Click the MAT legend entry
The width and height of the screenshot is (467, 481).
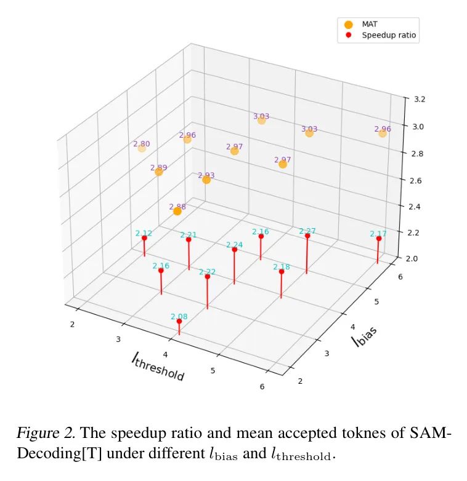point(370,24)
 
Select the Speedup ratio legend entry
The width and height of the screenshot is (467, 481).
point(388,36)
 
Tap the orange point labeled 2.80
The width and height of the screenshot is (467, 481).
point(142,148)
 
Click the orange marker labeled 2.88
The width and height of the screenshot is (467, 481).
point(177,211)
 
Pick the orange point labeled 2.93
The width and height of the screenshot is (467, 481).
point(206,180)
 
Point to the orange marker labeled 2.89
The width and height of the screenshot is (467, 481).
point(159,172)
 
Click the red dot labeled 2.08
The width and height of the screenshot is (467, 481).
point(179,321)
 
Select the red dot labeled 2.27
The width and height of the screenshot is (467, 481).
point(307,236)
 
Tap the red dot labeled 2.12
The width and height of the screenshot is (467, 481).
point(144,237)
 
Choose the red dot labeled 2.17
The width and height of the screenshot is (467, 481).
point(379,239)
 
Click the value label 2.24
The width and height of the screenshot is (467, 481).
point(235,244)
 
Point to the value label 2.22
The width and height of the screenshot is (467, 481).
point(207,271)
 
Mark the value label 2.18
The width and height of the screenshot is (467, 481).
point(282,266)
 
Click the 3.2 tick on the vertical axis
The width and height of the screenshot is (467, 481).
point(411,98)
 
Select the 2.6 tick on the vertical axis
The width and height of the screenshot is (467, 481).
point(411,180)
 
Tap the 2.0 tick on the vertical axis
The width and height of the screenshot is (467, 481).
point(411,258)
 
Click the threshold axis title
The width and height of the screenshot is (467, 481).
point(158,367)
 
